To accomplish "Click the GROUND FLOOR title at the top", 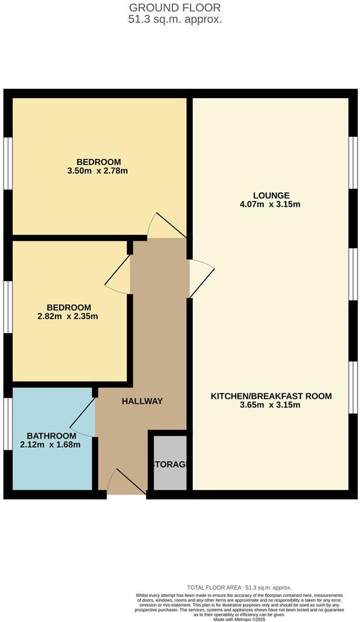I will click(175, 8).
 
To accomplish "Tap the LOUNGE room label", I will click(271, 195).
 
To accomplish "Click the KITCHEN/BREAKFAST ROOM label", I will click(271, 396).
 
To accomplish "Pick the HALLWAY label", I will click(142, 401).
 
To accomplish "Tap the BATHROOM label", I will click(51, 436).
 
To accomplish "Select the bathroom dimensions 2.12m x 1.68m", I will click(51, 445).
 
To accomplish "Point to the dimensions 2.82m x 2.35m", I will click(68, 317).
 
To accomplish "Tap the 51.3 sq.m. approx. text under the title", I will click(175, 19).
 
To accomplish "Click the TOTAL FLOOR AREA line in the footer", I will click(239, 588).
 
